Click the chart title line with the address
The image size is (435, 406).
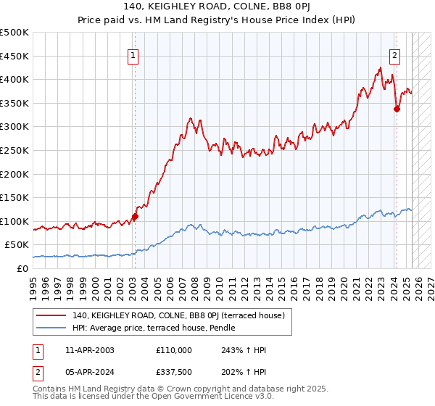pyautogui.click(x=217, y=7)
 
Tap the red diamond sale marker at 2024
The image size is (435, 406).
pyautogui.click(x=397, y=109)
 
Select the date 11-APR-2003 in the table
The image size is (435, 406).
pyautogui.click(x=90, y=350)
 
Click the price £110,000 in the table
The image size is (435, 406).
pyautogui.click(x=174, y=350)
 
